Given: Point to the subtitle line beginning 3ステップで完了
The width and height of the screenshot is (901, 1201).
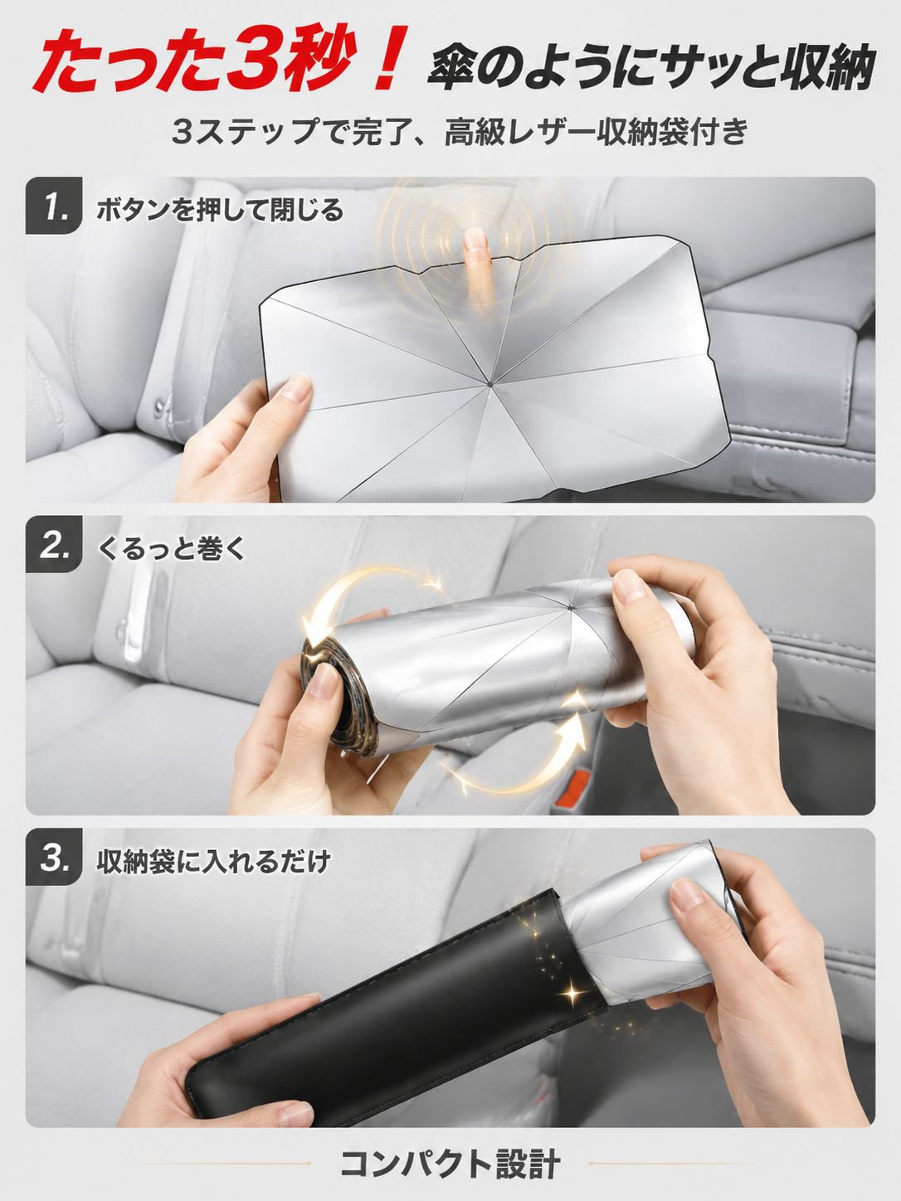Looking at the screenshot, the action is click(460, 133).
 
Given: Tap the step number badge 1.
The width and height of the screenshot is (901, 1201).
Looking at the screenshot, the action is click(54, 207).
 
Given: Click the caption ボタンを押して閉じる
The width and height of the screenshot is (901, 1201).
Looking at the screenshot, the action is click(220, 211).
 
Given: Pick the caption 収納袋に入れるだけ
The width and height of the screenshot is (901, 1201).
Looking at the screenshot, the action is click(213, 861).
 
